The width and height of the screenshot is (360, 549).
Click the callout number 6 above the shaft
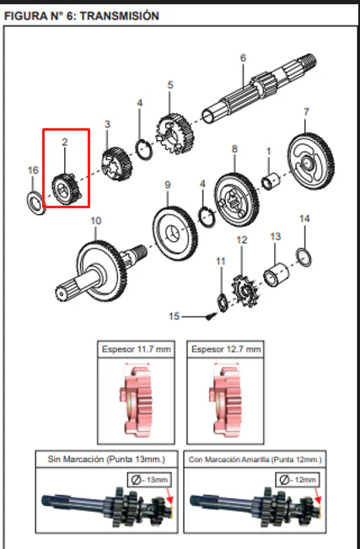pyautogui.click(x=244, y=58)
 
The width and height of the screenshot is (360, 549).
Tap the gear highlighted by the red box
pyautogui.click(x=67, y=190)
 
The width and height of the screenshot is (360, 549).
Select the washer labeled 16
pyautogui.click(x=35, y=202)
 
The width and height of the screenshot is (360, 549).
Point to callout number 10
pyautogui.click(x=96, y=221)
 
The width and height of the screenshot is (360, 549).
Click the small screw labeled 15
pyautogui.click(x=210, y=316)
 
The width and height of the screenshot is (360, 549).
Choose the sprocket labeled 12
pyautogui.click(x=245, y=291)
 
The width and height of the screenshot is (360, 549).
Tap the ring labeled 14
pyautogui.click(x=304, y=257)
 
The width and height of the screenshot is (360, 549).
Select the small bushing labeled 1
pyautogui.click(x=271, y=181)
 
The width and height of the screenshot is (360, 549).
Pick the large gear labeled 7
pyautogui.click(x=310, y=161)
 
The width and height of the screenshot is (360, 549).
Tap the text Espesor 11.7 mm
pyautogui.click(x=137, y=349)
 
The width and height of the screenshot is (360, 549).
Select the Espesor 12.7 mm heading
pyautogui.click(x=226, y=349)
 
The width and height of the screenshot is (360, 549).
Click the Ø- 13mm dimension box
pyautogui.click(x=150, y=480)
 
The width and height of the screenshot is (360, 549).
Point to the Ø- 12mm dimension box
pyautogui.click(x=298, y=480)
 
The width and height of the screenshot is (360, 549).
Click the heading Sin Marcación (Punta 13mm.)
pyautogui.click(x=106, y=459)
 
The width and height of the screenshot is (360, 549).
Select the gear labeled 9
pyautogui.click(x=175, y=234)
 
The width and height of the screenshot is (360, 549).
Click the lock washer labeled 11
pyautogui.click(x=222, y=303)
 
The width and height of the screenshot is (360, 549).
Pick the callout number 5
pyautogui.click(x=170, y=84)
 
